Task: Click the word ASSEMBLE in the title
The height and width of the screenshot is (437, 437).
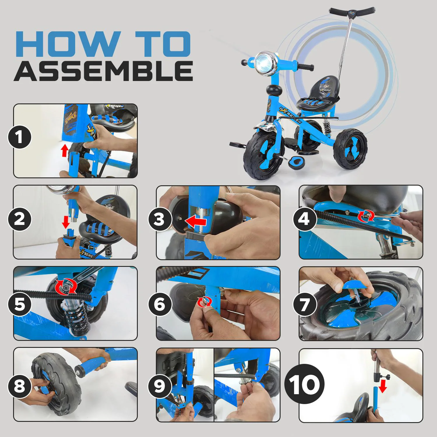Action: [x=103, y=71]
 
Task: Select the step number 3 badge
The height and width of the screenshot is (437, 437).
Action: [x=160, y=219]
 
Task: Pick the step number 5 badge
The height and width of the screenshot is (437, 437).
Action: [x=20, y=304]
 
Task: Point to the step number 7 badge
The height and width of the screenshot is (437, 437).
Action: [x=305, y=304]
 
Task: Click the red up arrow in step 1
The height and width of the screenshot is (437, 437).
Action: [x=65, y=151]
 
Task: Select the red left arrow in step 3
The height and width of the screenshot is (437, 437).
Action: [x=196, y=222]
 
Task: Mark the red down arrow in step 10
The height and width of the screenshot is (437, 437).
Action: [x=383, y=386]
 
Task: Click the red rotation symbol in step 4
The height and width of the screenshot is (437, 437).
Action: [x=366, y=216]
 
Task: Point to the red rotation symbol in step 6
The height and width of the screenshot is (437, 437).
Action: [x=204, y=302]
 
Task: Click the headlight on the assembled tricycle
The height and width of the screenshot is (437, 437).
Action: [x=264, y=63]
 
